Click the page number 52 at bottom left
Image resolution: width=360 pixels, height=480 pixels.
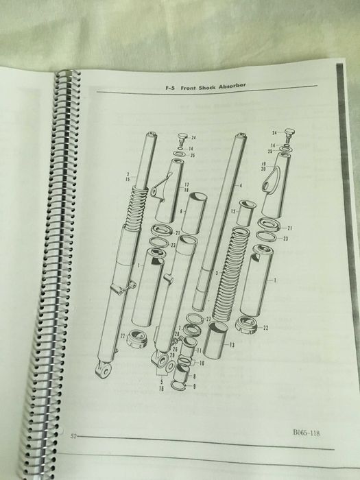(x=73, y=435)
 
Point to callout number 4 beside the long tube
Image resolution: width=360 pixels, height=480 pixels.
(x=241, y=185)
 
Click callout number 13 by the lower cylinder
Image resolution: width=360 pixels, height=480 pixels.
(x=232, y=344)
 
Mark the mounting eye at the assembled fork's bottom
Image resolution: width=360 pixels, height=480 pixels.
(x=105, y=371)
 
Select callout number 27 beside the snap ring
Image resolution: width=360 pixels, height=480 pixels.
(x=208, y=320)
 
